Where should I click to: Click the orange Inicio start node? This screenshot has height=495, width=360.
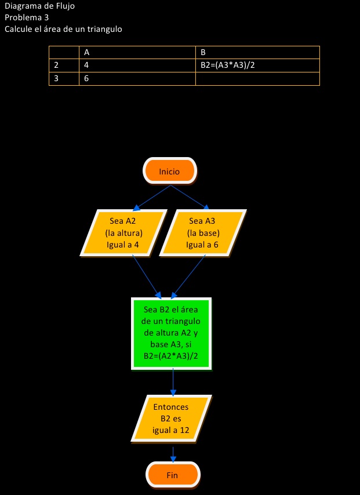pyautogui.click(x=170, y=172)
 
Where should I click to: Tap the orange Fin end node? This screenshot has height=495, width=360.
pyautogui.click(x=172, y=475)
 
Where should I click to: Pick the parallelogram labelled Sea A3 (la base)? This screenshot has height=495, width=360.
pyautogui.click(x=202, y=232)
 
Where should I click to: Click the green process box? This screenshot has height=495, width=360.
pyautogui.click(x=171, y=333)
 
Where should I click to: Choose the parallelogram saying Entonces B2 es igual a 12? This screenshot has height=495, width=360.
pyautogui.click(x=171, y=418)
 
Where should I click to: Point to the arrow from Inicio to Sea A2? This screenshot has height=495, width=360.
pyautogui.click(x=152, y=197)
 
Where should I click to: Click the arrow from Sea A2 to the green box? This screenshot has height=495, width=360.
pyautogui.click(x=147, y=276)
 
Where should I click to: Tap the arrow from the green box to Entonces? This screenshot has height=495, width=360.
pyautogui.click(x=173, y=383)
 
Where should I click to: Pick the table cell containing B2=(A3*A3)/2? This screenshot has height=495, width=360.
pyautogui.click(x=257, y=65)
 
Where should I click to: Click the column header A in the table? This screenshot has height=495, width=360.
pyautogui.click(x=137, y=52)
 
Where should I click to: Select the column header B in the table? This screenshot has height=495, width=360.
pyautogui.click(x=257, y=52)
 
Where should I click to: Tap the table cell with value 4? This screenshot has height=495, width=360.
pyautogui.click(x=137, y=65)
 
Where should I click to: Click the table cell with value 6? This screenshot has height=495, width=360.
pyautogui.click(x=137, y=78)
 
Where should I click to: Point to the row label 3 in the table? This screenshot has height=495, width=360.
pyautogui.click(x=64, y=78)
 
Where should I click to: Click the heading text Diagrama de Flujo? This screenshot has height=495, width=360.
pyautogui.click(x=39, y=6)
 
